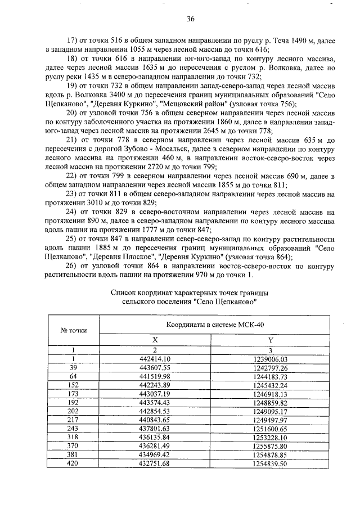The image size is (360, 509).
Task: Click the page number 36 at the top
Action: click(191, 19)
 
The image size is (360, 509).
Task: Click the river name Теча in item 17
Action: click(290, 41)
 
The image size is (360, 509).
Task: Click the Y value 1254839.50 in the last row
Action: click(271, 463)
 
